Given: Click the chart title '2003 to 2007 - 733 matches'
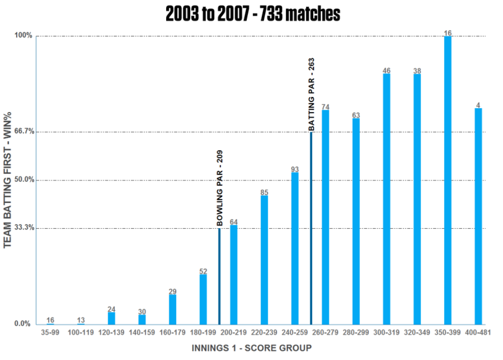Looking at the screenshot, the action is (253, 14).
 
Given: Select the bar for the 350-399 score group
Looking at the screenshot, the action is (447, 181).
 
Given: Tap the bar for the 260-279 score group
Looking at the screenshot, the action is (325, 217).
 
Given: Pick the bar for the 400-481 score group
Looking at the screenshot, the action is (478, 216).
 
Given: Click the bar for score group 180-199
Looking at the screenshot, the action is (203, 299).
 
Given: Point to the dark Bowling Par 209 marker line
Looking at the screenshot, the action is (220, 277).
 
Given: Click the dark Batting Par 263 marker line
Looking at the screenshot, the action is (311, 228).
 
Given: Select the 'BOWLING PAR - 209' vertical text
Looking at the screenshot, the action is (220, 188).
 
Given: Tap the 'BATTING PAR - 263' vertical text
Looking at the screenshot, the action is (311, 94).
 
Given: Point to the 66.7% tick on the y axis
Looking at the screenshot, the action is (25, 132).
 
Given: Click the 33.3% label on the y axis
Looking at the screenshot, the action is (25, 228).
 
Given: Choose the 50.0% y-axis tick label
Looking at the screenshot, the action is (25, 179).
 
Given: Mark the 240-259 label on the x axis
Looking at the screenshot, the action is (295, 332).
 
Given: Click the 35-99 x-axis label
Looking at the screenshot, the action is (50, 332).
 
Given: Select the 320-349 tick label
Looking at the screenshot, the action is (417, 332).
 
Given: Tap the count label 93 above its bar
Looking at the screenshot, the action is (295, 169).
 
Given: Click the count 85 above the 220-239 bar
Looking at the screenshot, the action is (264, 192).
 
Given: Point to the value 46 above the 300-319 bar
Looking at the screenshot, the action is (387, 70).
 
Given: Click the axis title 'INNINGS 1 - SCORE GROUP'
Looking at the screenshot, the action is (252, 348).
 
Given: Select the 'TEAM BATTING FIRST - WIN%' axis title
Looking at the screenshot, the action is (7, 180).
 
